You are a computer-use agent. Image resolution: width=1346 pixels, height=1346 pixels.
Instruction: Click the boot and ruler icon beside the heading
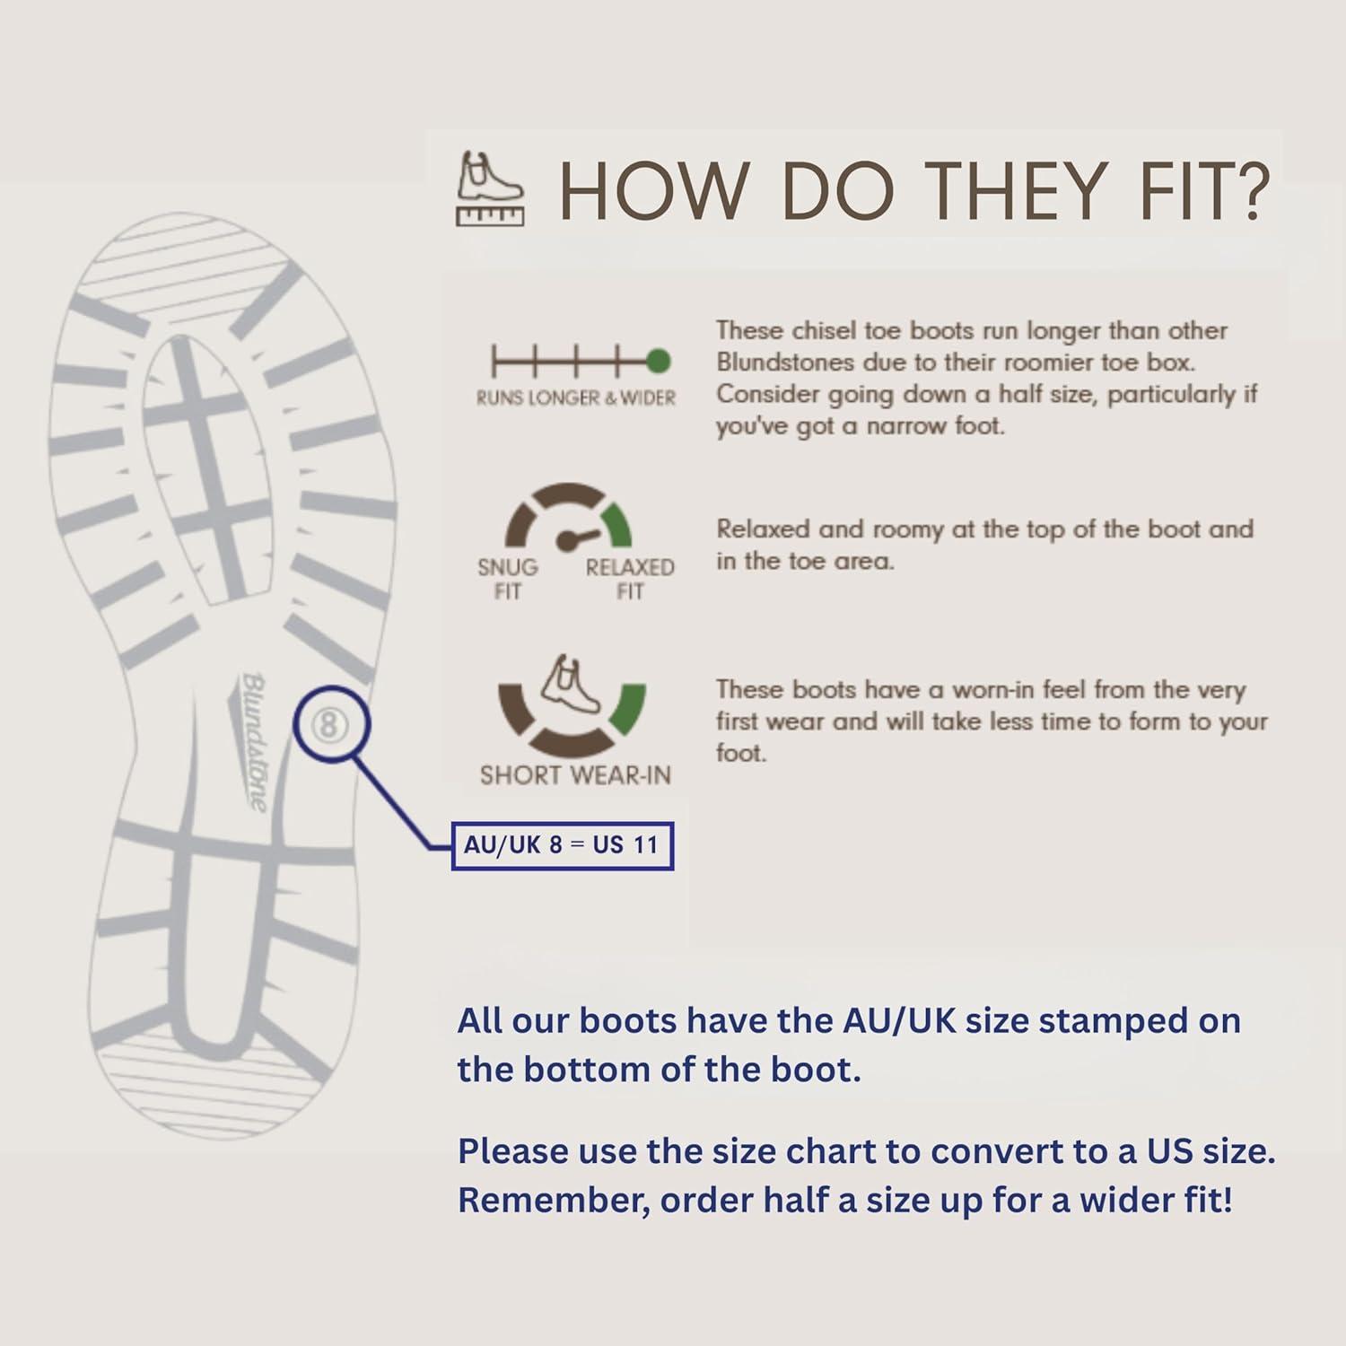point(490,188)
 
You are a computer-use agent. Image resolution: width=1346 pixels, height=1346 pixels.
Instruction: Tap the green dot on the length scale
point(658,362)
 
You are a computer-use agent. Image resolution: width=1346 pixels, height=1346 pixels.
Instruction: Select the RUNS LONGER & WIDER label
point(576,398)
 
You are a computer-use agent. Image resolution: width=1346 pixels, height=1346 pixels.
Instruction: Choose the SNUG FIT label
point(508,579)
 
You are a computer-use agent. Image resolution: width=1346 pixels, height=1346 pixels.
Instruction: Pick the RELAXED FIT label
point(630,579)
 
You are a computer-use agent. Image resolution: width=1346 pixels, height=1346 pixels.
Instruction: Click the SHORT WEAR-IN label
point(575,774)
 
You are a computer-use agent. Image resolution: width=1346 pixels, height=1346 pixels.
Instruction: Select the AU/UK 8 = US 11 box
point(562,845)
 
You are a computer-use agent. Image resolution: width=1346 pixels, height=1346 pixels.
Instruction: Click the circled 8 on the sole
point(329,724)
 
